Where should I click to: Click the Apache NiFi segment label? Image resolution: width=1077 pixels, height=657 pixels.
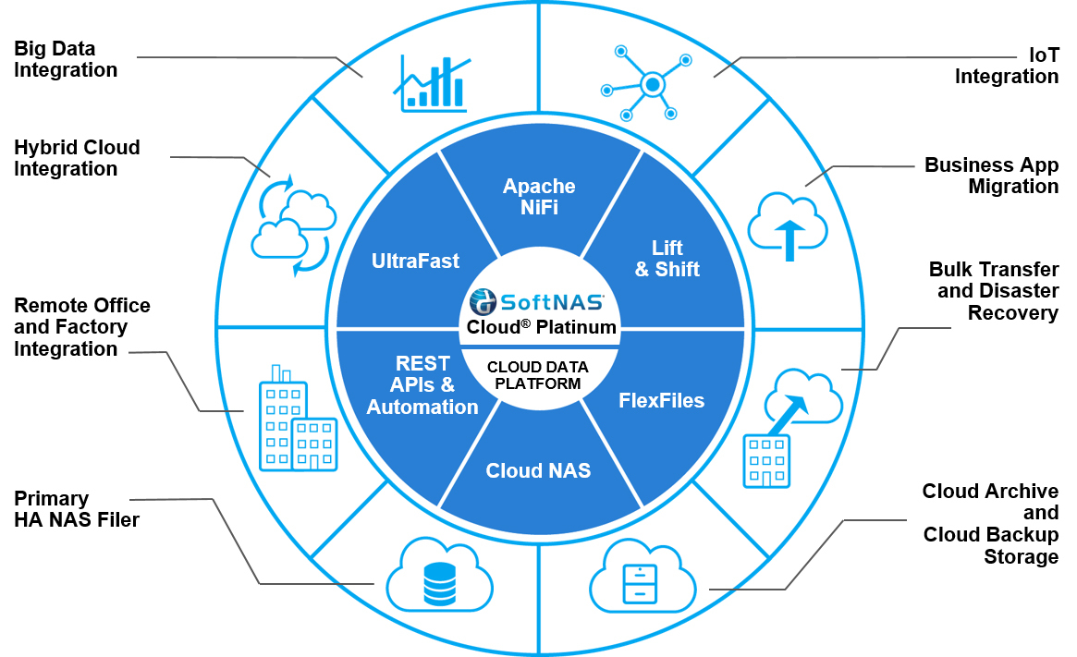[x=539, y=197]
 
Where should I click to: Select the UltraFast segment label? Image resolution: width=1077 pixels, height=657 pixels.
[x=415, y=262]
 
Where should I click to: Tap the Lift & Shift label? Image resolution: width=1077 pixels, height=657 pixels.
[x=667, y=259]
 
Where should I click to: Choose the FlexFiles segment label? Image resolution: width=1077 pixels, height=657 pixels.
[x=661, y=401]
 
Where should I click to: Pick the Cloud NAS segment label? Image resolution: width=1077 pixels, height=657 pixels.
[x=538, y=471]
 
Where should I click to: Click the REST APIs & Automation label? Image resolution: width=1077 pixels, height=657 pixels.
[x=422, y=385]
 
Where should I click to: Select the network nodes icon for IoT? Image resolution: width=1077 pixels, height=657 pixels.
[x=647, y=84]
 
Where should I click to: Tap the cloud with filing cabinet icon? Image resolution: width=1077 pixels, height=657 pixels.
[x=642, y=576]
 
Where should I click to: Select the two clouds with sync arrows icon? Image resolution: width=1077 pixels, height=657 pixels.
[x=292, y=225]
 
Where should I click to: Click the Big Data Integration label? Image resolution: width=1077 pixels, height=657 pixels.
[x=66, y=59]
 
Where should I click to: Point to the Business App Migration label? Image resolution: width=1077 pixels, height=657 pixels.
[x=991, y=176]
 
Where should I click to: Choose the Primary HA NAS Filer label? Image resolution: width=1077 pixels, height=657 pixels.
[x=76, y=509]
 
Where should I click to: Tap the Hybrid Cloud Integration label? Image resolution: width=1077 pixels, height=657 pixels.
[x=77, y=158]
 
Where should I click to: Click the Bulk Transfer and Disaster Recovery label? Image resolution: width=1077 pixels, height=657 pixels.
[x=993, y=291]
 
